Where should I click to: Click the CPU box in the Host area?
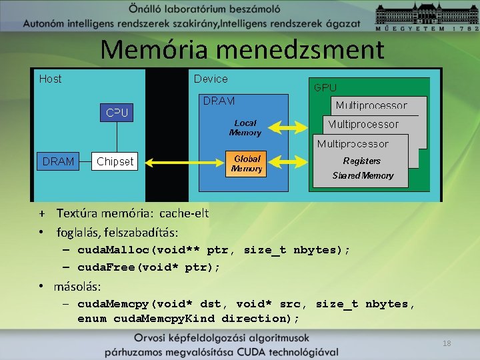tap(117, 113)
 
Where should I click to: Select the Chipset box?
tap(115, 161)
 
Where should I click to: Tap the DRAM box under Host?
tap(59, 161)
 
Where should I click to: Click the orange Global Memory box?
tap(247, 164)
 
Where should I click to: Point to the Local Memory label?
tap(245, 127)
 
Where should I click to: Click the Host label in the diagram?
tap(51, 79)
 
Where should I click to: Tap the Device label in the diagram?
tap(211, 79)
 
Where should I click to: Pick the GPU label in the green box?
tap(325, 87)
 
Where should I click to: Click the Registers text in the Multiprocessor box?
tap(361, 161)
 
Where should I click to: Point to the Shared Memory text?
tap(363, 175)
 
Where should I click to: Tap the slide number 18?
tap(447, 343)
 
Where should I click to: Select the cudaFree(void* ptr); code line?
tap(149, 267)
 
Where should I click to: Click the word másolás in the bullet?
tap(78, 286)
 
